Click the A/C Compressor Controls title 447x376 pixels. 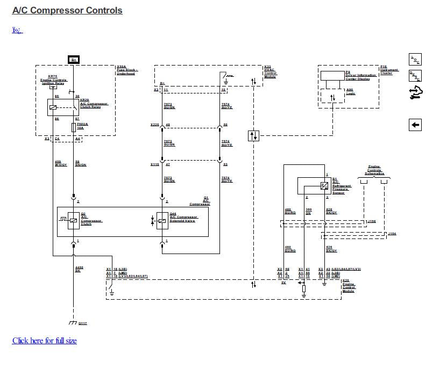pyautogui.click(x=67, y=10)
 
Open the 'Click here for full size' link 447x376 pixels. pyautogui.click(x=44, y=341)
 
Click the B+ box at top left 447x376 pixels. pyautogui.click(x=74, y=59)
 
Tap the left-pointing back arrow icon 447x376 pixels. pyautogui.click(x=415, y=125)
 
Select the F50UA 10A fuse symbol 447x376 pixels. pyautogui.click(x=73, y=128)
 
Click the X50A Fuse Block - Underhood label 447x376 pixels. pyautogui.click(x=127, y=70)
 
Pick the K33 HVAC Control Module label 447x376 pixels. pyautogui.click(x=270, y=73)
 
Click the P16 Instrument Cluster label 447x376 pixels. pyautogui.click(x=389, y=70)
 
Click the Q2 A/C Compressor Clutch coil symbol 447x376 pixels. pyautogui.click(x=73, y=220)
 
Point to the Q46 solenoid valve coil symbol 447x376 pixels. pyautogui.click(x=162, y=220)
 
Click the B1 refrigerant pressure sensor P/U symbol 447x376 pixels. pyautogui.click(x=324, y=186)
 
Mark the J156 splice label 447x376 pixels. pyautogui.click(x=372, y=221)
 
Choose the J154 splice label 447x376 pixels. pyautogui.click(x=392, y=234)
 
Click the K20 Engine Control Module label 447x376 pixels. pyautogui.click(x=349, y=285)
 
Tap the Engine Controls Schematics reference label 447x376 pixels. pyautogui.click(x=374, y=170)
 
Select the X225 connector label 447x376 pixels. pyautogui.click(x=154, y=125)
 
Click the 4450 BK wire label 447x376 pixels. pyautogui.click(x=79, y=269)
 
